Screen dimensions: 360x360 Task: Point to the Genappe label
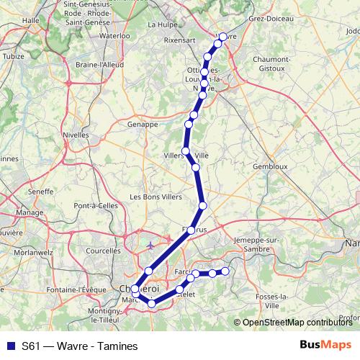click(x=143, y=124)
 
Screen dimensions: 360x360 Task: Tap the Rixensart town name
click(x=180, y=41)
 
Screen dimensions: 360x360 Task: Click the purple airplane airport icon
click(x=150, y=246)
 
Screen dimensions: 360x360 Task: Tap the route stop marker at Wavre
click(x=223, y=37)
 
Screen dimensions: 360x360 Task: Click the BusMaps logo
click(x=325, y=345)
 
